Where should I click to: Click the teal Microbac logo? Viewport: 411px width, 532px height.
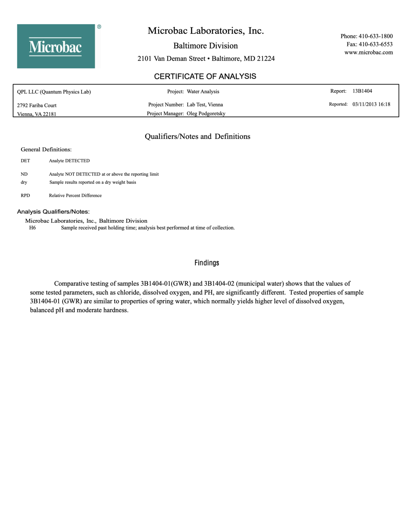[56, 46]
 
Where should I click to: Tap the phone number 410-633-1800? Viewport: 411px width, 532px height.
[375, 36]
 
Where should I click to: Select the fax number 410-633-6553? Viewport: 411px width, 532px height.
[375, 44]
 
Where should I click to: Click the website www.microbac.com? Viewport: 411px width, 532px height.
[368, 52]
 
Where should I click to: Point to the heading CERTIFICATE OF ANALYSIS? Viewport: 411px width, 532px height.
[205, 76]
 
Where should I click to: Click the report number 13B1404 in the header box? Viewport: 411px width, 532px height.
[362, 91]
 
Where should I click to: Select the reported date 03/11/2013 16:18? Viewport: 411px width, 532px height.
[371, 104]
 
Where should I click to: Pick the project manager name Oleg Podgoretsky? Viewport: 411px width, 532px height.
[206, 114]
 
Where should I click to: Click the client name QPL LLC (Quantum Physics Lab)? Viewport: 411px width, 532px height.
[54, 92]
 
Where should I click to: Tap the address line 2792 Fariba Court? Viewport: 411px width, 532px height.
[37, 105]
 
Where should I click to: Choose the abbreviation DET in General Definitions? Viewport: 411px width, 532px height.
[25, 161]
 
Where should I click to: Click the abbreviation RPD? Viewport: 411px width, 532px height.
[25, 196]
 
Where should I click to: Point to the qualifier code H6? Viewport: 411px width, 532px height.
[33, 228]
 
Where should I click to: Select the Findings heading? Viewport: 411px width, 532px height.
[207, 263]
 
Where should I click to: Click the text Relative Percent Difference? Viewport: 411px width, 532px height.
[75, 196]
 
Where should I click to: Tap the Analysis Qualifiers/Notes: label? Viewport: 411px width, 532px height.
[53, 212]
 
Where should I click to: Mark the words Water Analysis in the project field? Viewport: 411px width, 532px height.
[203, 91]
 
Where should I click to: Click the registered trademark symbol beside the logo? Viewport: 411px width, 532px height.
[99, 27]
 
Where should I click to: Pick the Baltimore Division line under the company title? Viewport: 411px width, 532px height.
[205, 46]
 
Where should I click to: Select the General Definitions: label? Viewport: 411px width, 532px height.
[46, 150]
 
